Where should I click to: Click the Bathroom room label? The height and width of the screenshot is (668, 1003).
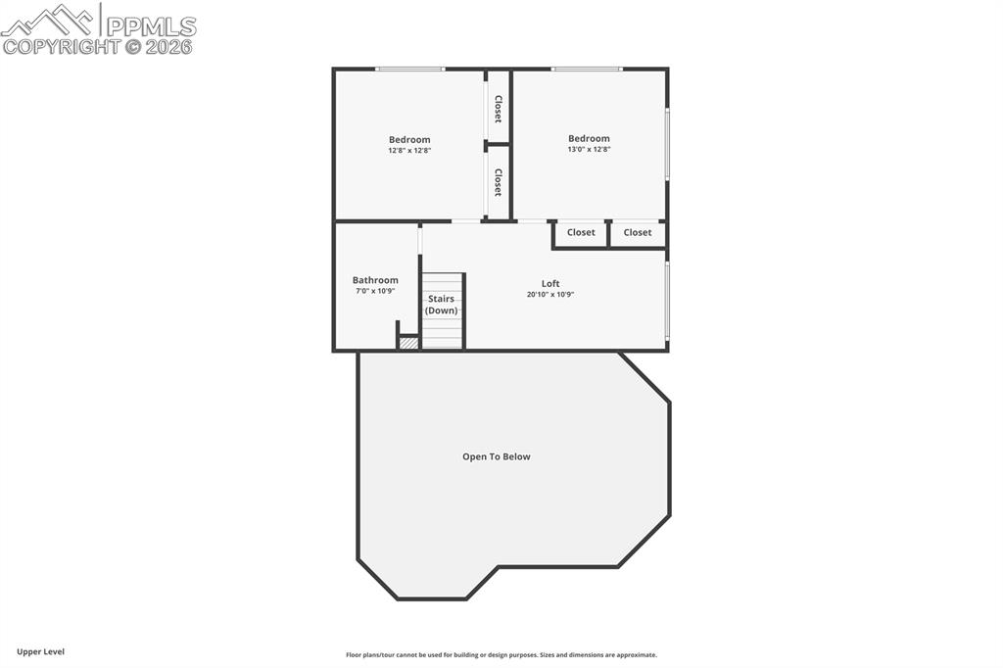(x=375, y=280)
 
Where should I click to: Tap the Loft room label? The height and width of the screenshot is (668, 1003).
(x=550, y=283)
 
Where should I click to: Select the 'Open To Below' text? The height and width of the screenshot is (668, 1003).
(x=497, y=456)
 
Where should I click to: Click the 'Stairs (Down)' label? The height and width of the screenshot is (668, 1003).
(x=441, y=305)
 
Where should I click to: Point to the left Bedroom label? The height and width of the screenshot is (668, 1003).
(x=409, y=139)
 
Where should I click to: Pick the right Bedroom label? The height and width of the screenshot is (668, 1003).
(x=589, y=138)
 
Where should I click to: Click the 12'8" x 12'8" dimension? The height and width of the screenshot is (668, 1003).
(x=409, y=151)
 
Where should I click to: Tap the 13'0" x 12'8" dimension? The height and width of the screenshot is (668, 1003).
(x=589, y=150)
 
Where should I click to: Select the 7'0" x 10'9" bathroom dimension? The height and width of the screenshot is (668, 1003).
(x=375, y=292)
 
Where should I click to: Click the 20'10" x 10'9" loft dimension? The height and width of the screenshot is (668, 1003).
(x=550, y=295)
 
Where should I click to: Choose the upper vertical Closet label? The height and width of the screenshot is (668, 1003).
(x=498, y=109)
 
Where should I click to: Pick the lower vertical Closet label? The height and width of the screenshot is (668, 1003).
(x=498, y=183)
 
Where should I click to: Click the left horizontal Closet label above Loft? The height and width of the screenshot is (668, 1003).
(x=581, y=233)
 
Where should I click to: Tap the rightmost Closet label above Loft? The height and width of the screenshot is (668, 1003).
(x=638, y=233)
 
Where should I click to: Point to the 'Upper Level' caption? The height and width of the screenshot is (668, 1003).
(x=40, y=651)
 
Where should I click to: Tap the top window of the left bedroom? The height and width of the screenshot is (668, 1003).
(x=410, y=69)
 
